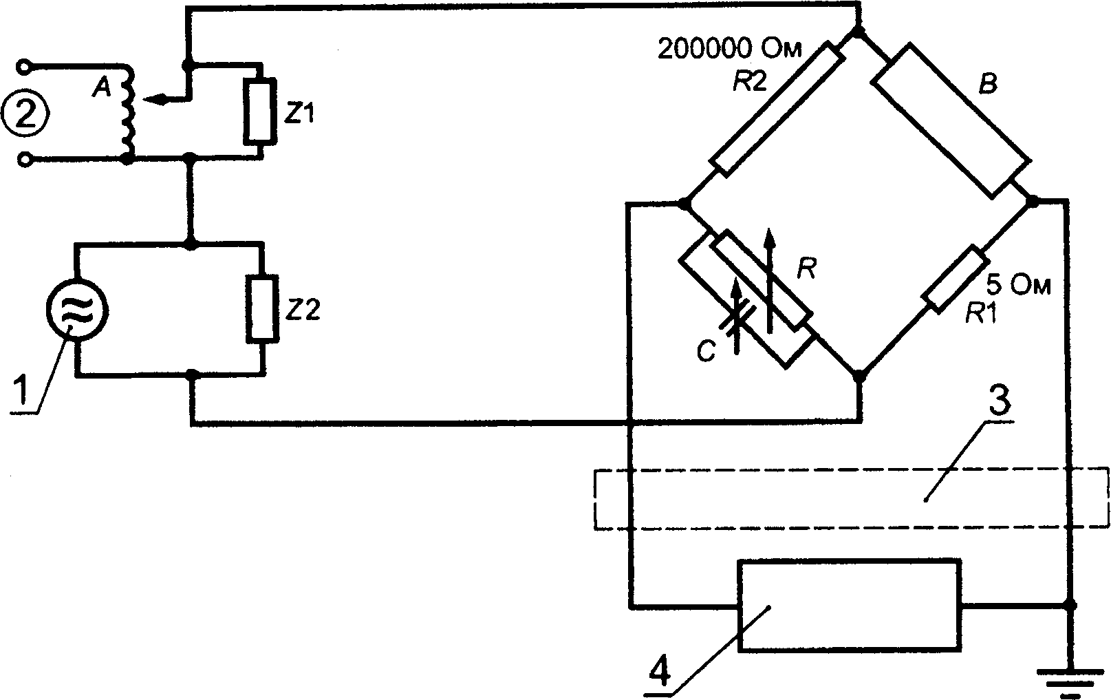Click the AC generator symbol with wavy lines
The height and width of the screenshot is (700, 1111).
tap(77, 309)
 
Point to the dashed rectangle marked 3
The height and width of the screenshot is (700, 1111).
tap(851, 498)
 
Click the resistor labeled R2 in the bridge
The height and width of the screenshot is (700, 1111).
tap(777, 109)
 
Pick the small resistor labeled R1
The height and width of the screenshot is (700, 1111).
tap(956, 279)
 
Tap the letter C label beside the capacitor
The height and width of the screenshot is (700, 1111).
tap(706, 352)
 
